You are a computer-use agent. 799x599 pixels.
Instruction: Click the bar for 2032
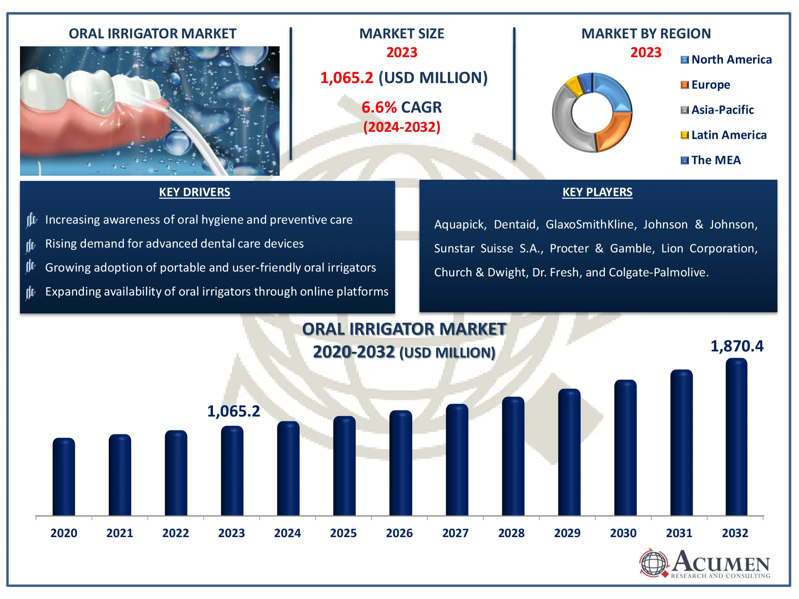736,437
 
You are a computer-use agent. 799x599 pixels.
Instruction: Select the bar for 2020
64,477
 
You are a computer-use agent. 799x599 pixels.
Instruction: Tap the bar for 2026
400,463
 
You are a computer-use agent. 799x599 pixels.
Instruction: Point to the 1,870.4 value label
737,346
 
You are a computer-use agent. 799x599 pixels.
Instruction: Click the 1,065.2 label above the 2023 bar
233,411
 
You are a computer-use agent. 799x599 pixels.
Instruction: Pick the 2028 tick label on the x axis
511,533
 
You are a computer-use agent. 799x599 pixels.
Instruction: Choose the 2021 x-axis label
119,533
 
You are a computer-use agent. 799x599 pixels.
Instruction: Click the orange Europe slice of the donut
613,132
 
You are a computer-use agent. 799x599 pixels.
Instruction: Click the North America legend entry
731,60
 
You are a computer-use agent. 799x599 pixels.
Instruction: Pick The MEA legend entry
716,160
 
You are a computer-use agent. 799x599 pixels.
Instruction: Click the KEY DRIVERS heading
195,192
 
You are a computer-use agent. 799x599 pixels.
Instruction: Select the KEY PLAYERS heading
597,192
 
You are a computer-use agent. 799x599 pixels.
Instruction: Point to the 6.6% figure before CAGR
379,107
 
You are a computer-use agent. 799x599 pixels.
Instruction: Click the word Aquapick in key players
459,224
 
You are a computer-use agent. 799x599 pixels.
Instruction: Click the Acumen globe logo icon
654,563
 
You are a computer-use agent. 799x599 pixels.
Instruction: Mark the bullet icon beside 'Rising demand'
31,245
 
